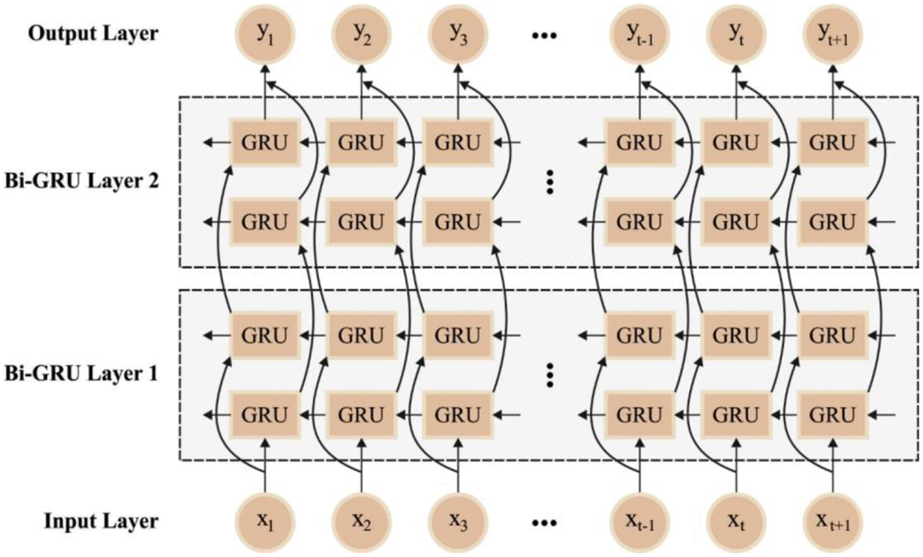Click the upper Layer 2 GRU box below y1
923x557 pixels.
point(264,143)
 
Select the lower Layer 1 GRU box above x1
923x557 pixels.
point(264,414)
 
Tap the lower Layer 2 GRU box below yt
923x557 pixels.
point(736,221)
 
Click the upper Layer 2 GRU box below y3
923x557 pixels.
point(457,143)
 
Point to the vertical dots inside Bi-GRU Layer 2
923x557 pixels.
point(549,182)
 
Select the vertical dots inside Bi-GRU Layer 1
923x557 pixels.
point(549,375)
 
